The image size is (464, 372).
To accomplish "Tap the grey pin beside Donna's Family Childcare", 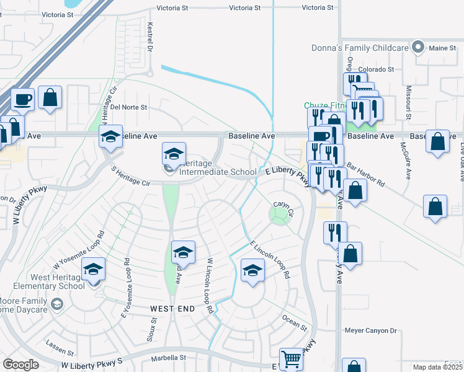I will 418,47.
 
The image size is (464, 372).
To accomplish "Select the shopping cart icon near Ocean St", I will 290,358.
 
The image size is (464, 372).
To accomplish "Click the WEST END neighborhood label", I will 172,308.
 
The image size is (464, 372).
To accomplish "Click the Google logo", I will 20,365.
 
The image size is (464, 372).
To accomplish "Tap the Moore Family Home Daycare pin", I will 57,303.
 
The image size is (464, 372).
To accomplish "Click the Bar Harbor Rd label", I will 365,175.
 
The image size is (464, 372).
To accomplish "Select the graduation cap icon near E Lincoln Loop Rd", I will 252,270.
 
